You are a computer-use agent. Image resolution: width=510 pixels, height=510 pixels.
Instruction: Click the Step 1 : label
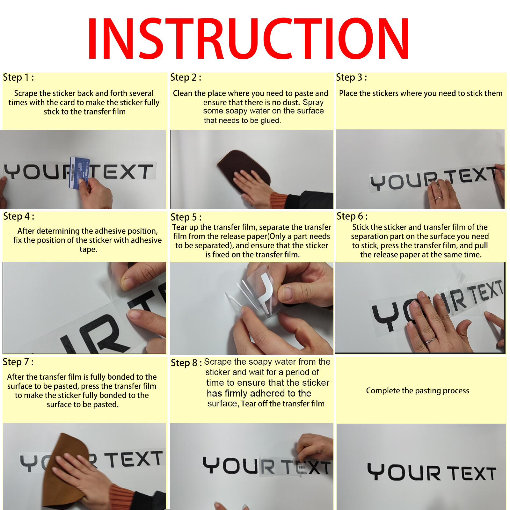[18, 77]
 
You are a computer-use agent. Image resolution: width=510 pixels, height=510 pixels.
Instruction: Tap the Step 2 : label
[186, 77]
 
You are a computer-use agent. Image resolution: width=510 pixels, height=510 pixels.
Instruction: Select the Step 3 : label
[352, 77]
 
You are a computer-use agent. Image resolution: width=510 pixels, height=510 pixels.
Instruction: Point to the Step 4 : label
[19, 216]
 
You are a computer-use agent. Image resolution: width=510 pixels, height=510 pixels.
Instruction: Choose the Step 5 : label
[186, 217]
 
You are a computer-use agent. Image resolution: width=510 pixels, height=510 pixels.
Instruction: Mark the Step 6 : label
[352, 216]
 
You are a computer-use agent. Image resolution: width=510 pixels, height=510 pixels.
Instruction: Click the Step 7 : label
[18, 362]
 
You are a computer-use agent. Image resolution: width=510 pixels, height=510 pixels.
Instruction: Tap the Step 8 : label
[186, 363]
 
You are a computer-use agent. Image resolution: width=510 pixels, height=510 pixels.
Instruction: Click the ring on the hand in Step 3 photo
[439, 198]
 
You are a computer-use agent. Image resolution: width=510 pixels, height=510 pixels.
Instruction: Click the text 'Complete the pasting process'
[418, 391]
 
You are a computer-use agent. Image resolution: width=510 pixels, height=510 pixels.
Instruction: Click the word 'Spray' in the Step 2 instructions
[313, 102]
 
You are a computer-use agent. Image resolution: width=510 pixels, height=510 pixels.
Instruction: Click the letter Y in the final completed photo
[376, 472]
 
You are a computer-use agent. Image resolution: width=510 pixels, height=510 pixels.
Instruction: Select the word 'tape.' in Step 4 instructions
[89, 249]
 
